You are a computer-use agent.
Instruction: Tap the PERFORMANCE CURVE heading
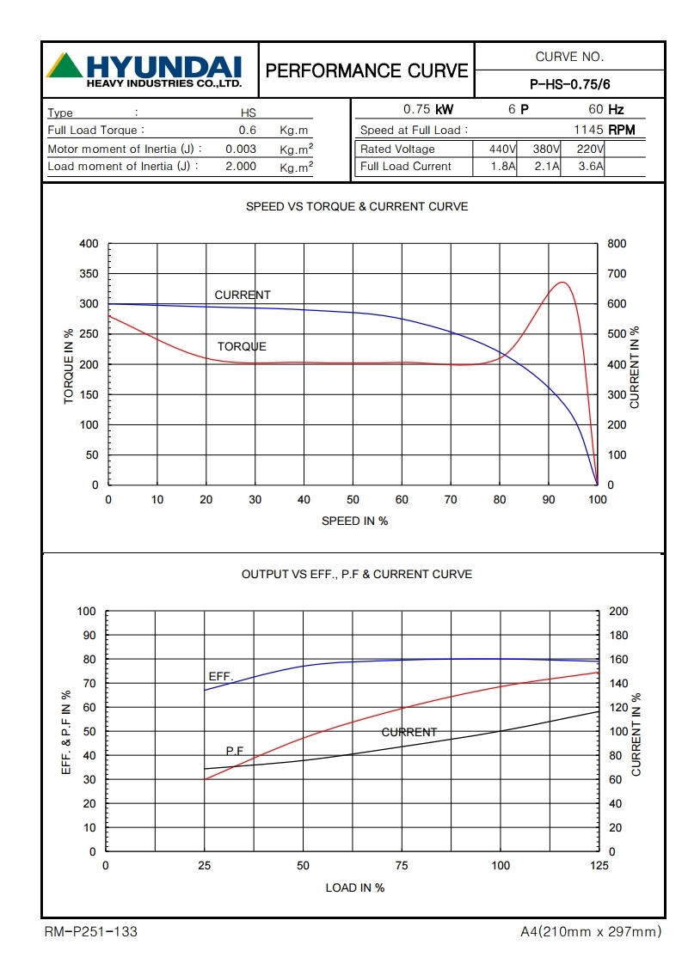tap(367, 70)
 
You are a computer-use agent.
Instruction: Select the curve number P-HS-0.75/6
tap(569, 84)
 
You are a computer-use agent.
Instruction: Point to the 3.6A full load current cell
tap(590, 166)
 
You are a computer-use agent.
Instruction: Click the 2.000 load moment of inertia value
tap(241, 166)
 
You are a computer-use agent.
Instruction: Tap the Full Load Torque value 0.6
tap(248, 130)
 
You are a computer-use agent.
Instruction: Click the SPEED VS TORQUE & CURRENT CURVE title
tap(357, 206)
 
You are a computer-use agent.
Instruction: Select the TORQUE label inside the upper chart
tap(242, 346)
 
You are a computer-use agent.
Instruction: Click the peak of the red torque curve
tap(563, 282)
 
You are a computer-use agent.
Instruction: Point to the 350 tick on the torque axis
tap(89, 274)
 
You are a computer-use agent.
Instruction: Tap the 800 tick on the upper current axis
tap(617, 244)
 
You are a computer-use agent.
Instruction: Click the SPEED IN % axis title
tap(354, 521)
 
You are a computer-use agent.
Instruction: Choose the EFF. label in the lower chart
tap(221, 676)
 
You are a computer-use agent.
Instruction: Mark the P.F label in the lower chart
tap(235, 750)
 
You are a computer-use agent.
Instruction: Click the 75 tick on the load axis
tap(402, 866)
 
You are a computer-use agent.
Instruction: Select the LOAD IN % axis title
tap(354, 887)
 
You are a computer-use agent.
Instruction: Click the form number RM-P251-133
tap(90, 931)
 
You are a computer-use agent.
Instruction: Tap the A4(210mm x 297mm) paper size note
tap(591, 931)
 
